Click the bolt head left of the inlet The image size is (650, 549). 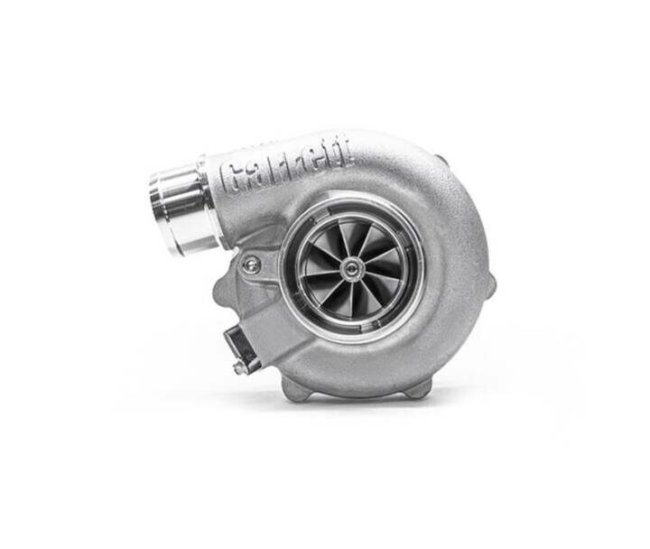pos(252,265)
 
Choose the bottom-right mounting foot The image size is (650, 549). pos(418,388)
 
